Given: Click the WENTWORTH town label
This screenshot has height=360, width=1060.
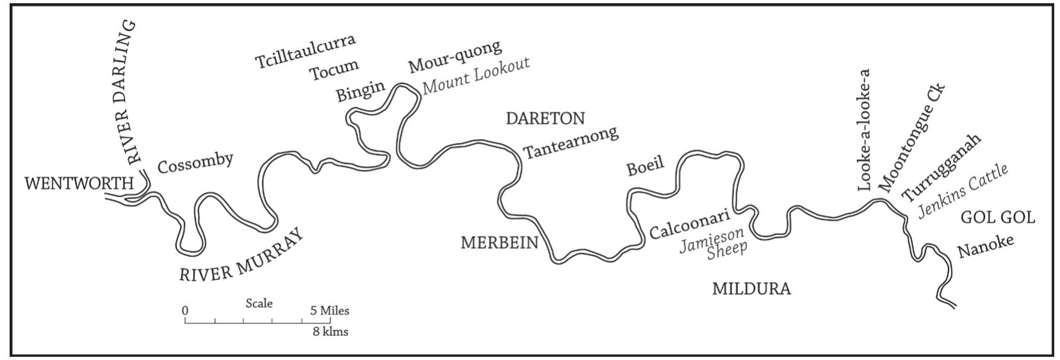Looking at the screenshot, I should [x=79, y=184].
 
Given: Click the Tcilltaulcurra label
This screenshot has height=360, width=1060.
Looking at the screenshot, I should [x=305, y=51].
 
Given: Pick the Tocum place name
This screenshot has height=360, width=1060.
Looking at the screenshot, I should [x=334, y=70].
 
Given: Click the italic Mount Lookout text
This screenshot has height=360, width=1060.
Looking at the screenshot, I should [x=476, y=76].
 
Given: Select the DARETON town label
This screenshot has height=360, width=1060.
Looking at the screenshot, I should [x=545, y=119].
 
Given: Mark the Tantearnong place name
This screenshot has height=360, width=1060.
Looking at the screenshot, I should [x=571, y=142].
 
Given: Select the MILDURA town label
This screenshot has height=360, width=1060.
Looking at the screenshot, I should [x=751, y=289].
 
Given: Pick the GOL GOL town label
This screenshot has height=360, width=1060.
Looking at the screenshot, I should [x=998, y=218].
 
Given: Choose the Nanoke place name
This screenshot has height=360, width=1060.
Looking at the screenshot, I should [x=986, y=247].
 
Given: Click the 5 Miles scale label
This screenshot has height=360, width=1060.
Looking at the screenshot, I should [x=330, y=311].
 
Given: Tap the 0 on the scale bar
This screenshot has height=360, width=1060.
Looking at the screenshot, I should [x=185, y=311].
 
